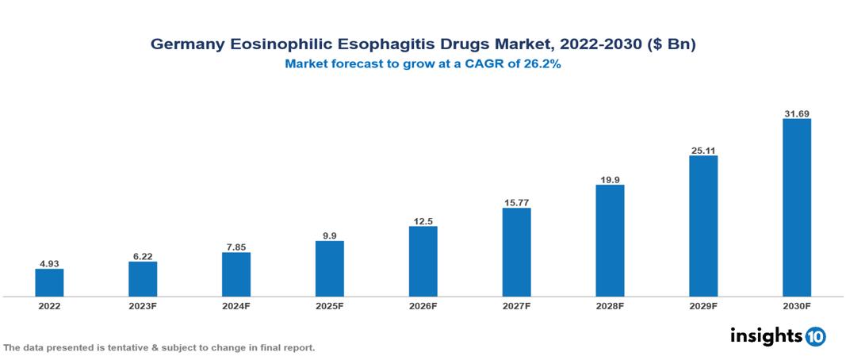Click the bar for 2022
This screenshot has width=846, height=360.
49,282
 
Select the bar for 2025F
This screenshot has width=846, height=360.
329,269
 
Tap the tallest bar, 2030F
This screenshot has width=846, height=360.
796,208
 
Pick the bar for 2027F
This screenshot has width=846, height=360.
516,252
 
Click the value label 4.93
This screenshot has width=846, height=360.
49,262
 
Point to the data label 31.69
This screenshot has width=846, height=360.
796,113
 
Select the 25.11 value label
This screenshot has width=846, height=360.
703,149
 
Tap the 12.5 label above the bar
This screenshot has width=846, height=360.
423,220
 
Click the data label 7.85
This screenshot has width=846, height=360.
236,246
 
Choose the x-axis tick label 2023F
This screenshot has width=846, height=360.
143,306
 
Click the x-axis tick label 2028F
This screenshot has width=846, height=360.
610,306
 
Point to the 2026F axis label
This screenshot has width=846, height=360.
423,306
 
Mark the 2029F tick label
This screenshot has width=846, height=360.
703,306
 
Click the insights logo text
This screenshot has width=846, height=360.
765,336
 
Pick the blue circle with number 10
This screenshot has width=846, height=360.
815,337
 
